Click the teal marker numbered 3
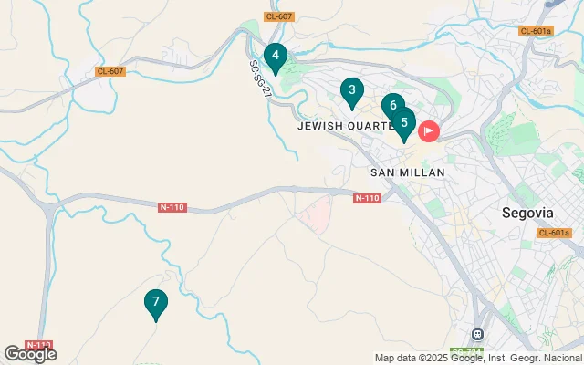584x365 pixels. click(351, 91)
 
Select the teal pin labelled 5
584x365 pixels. click(404, 122)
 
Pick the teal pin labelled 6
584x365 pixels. click(392, 106)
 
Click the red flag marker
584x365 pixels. click(428, 131)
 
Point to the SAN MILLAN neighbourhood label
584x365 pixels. click(407, 172)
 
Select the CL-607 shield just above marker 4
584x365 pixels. click(278, 16)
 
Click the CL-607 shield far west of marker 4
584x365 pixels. click(110, 71)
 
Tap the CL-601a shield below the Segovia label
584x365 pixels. click(554, 233)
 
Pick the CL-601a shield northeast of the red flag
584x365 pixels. click(536, 31)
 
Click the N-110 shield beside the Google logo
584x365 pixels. click(37, 346)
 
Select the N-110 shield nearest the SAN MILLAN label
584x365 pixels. click(367, 198)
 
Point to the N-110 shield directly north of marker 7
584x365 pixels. click(172, 207)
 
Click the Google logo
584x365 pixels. click(30, 354)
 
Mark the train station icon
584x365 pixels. click(476, 334)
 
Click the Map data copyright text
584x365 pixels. click(478, 358)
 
